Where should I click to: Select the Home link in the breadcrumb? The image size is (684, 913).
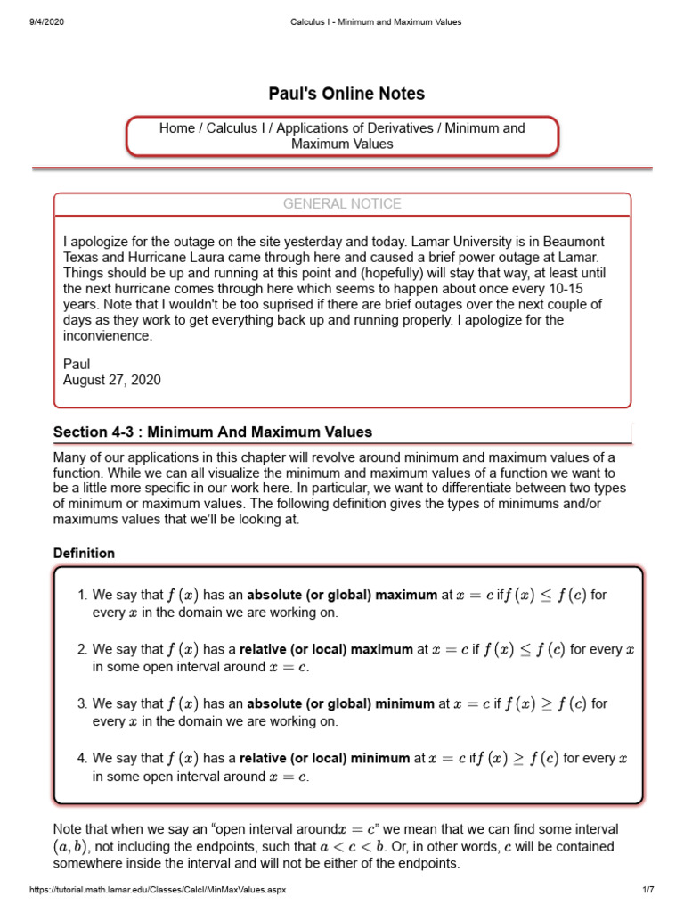coord(176,128)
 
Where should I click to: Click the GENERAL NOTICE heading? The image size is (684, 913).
coord(342,204)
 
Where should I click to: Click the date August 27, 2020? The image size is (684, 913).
coord(112,380)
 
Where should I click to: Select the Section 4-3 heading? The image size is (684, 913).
coord(213,432)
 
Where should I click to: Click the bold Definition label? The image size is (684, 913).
coord(84,553)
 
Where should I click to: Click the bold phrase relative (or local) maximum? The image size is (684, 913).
coord(326,650)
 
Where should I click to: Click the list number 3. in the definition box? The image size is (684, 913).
coord(83,703)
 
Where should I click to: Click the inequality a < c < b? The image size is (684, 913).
coord(441,847)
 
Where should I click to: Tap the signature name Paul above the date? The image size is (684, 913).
coord(77,364)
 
